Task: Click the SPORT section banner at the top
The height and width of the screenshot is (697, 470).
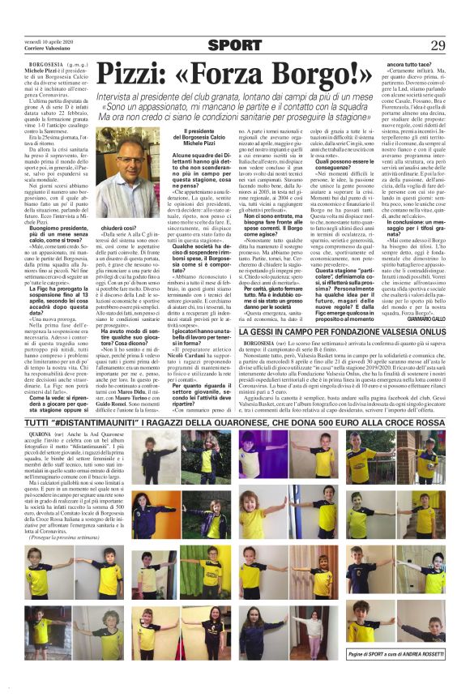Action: coord(235,45)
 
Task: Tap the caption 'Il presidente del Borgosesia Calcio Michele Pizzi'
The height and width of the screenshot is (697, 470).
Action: coord(211,136)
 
